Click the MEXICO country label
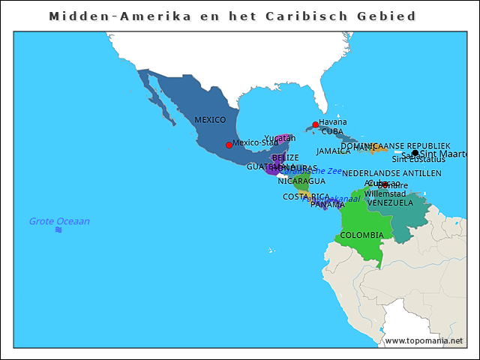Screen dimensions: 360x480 click(x=210, y=120)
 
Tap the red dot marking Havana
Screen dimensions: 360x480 click(x=316, y=124)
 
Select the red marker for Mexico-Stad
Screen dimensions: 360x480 click(x=229, y=145)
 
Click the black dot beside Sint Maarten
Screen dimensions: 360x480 click(x=415, y=154)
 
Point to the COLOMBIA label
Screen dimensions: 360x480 click(x=361, y=235)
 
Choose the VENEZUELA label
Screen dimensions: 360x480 click(x=390, y=203)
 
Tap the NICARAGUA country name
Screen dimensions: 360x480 click(x=301, y=181)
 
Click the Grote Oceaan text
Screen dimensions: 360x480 click(x=59, y=221)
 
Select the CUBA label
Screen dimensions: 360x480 click(x=332, y=132)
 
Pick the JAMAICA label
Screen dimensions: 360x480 click(x=334, y=151)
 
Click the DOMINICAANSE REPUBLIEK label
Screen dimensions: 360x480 click(x=395, y=146)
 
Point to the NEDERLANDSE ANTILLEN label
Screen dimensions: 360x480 click(x=391, y=173)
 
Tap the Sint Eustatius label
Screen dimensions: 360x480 click(x=418, y=159)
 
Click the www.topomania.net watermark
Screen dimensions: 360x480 click(x=424, y=341)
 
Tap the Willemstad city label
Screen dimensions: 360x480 click(x=385, y=193)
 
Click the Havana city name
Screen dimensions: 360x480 click(x=333, y=121)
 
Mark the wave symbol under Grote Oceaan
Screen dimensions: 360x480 click(x=58, y=230)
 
